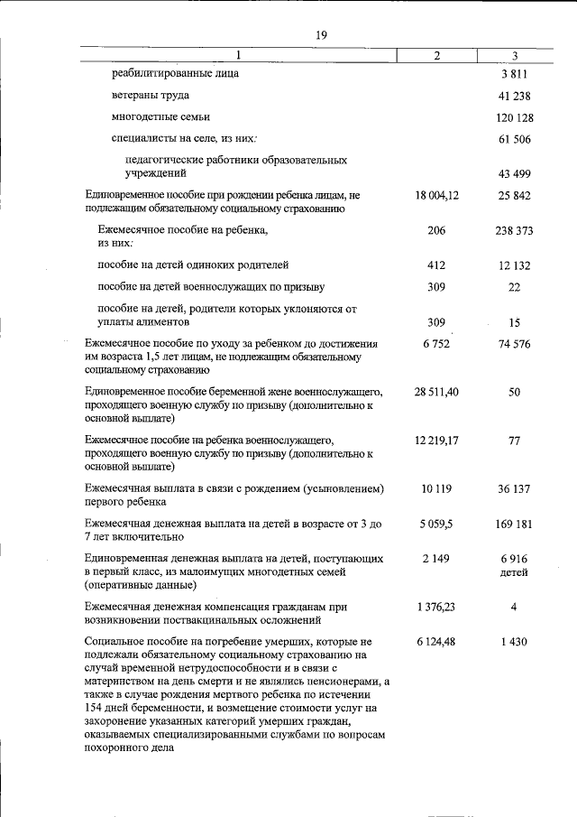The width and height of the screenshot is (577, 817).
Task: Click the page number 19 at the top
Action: pos(320,35)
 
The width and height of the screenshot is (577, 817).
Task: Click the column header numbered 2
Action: pos(437,56)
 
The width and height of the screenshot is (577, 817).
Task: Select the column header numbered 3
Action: pos(514,56)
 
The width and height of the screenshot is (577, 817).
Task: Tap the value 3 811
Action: pos(514,72)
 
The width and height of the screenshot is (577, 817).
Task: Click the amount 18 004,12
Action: pos(437,195)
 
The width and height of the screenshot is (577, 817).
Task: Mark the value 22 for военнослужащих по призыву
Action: pos(514,288)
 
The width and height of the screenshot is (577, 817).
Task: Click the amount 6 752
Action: pos(437,344)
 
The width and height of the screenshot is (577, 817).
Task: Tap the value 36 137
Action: pos(514,488)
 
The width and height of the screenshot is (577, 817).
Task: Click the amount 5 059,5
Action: pos(437,524)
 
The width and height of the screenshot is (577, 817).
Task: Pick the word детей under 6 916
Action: pos(514,572)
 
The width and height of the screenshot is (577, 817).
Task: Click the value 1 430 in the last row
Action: pos(514,642)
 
